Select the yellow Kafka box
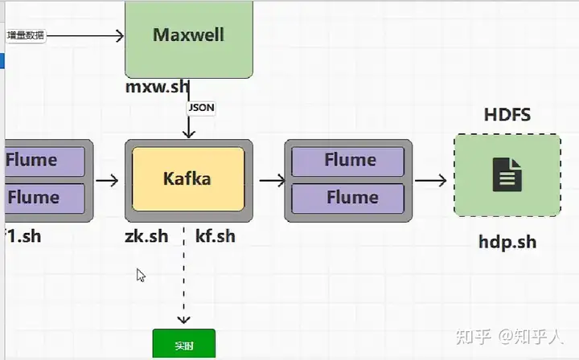tap(188, 178)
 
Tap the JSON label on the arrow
tap(201, 107)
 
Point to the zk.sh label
tap(146, 235)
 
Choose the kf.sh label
tap(216, 235)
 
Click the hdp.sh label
tap(507, 241)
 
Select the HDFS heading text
tap(507, 114)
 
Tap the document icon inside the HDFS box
tap(507, 174)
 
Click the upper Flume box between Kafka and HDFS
tap(347, 161)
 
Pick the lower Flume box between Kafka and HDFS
tap(347, 198)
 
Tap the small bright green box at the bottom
tap(184, 345)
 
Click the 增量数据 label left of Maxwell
tap(25, 35)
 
